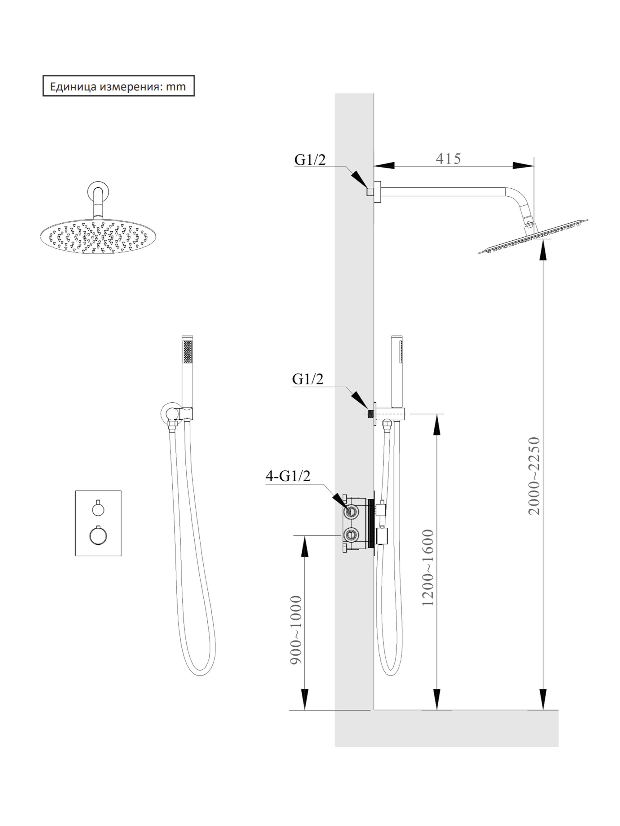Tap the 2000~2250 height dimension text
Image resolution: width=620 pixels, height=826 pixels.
[534, 476]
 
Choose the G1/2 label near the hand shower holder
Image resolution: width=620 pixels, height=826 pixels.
[308, 379]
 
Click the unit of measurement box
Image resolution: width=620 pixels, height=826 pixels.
[118, 86]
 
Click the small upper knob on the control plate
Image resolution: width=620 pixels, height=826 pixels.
[98, 509]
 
